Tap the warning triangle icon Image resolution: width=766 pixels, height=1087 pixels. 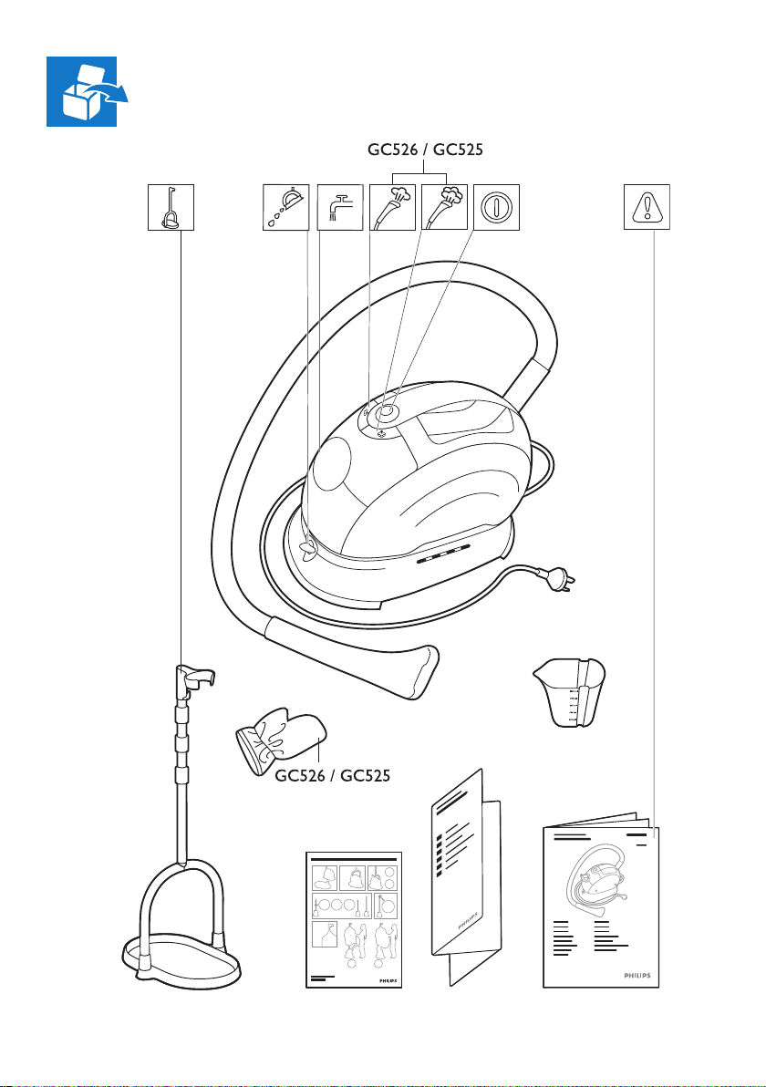[647, 206]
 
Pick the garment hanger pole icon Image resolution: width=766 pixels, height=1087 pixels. [170, 206]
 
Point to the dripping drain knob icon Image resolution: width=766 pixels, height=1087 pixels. [285, 206]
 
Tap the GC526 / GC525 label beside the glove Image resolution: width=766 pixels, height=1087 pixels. [333, 776]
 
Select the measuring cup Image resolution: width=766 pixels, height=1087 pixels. [569, 692]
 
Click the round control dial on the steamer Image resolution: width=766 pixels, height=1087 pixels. [387, 412]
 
